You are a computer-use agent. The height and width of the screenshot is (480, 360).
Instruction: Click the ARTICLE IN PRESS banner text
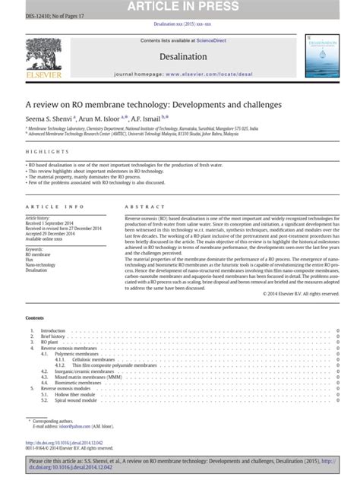179,6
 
